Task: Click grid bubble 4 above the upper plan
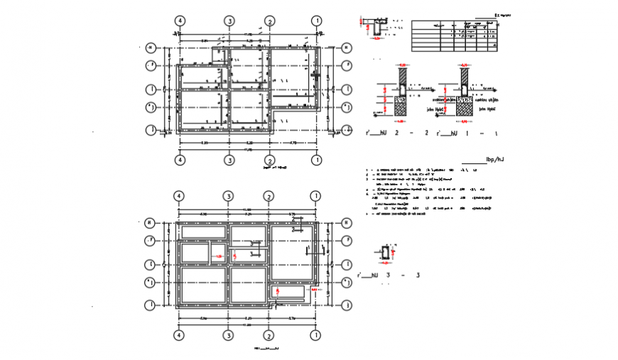coord(180,21)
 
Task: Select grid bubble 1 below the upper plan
coord(315,160)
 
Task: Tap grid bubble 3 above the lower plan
coord(229,196)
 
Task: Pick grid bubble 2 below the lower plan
coord(270,335)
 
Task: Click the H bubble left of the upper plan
coord(151,48)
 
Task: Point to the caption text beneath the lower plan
coord(267,349)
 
